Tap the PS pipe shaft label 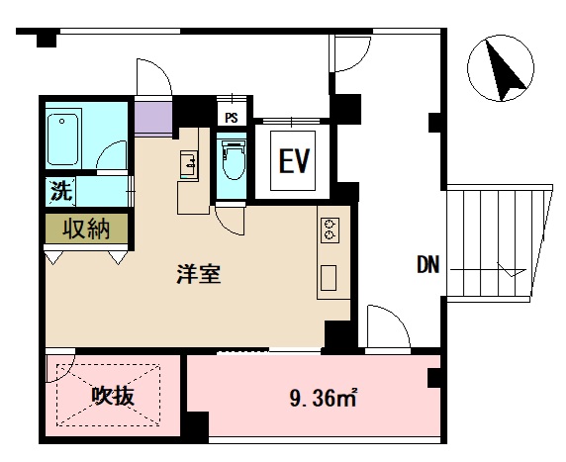point(232,117)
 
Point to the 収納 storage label point(86,229)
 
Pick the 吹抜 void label point(113,397)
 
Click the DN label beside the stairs point(427,265)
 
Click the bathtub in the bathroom point(64,139)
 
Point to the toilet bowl point(234,162)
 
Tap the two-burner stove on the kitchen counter point(329,231)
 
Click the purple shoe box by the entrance point(153,118)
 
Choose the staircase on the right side point(498,243)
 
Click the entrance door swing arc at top point(154,79)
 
